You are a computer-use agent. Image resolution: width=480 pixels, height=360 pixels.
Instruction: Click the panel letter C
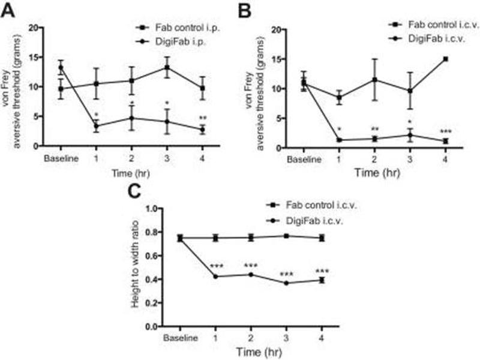pyautogui.click(x=138, y=193)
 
